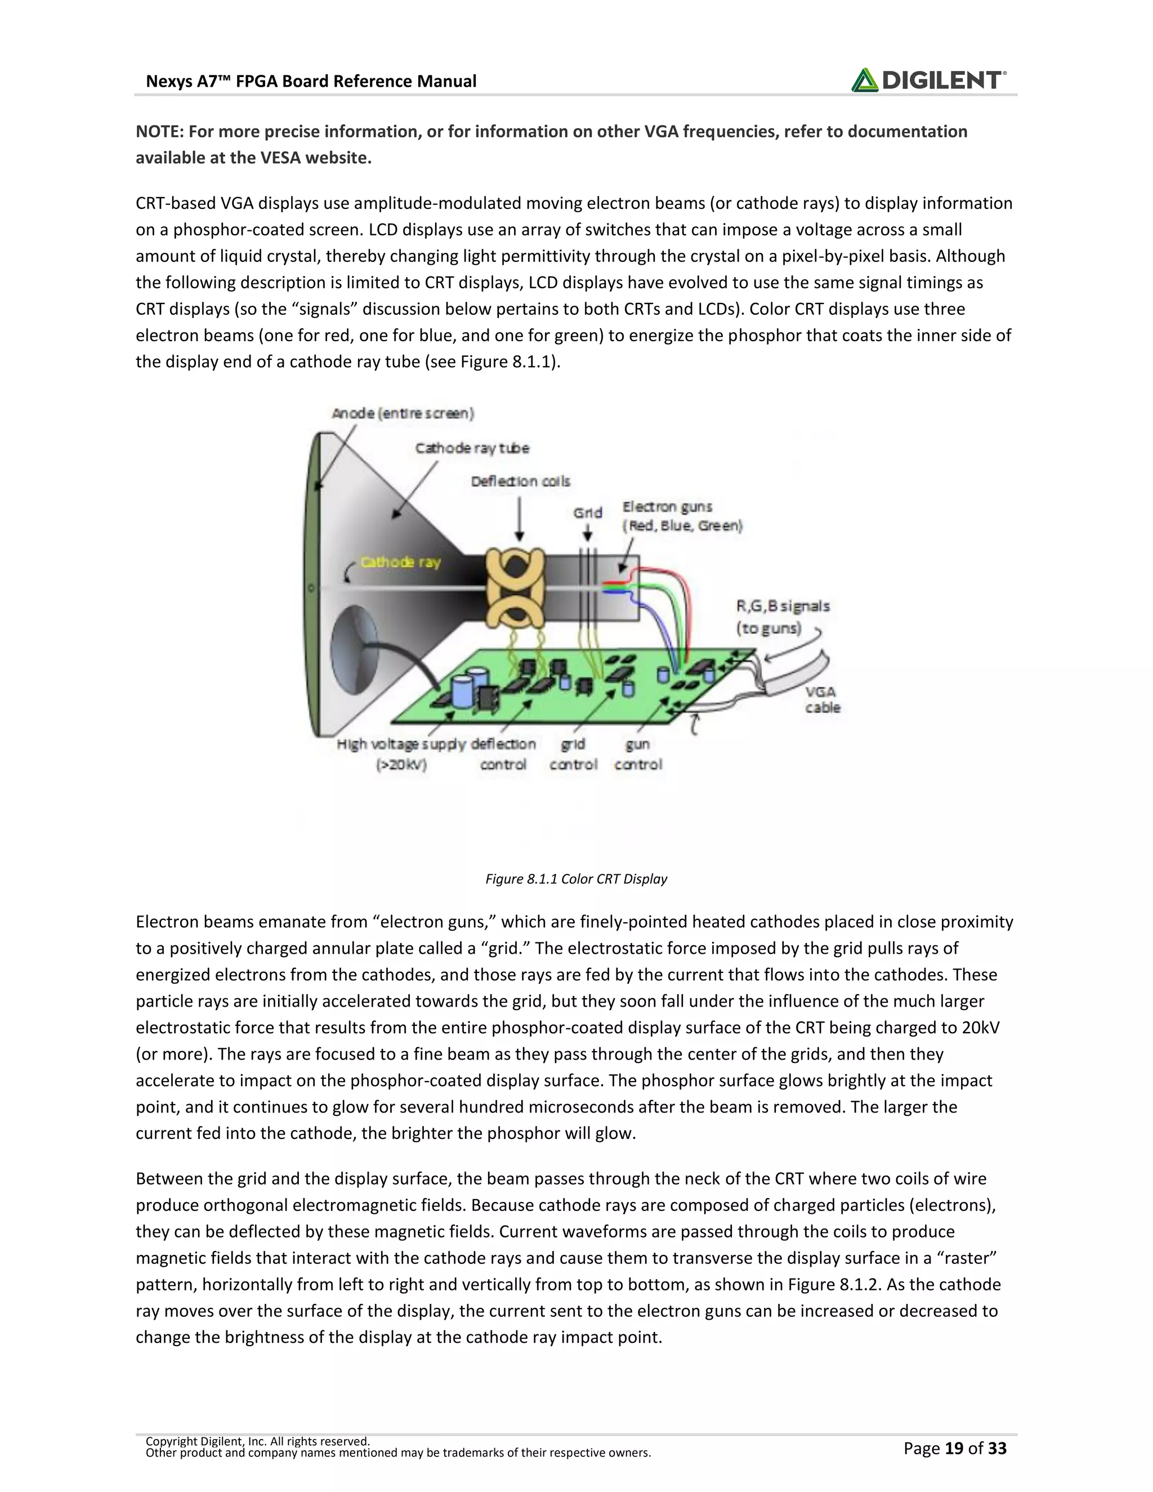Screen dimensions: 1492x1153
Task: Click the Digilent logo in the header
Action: point(928,80)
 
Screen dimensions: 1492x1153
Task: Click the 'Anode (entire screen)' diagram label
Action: point(403,413)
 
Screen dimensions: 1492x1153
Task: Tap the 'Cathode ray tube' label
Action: point(472,448)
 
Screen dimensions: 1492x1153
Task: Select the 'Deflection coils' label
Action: point(520,481)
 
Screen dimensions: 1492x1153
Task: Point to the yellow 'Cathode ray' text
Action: point(400,562)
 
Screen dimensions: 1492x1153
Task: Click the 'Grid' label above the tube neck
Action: point(587,512)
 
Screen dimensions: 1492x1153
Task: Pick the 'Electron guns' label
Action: point(667,507)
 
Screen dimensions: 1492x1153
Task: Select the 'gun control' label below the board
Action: point(638,754)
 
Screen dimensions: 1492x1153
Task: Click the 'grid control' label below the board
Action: point(573,754)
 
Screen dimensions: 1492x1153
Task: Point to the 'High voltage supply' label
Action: point(401,745)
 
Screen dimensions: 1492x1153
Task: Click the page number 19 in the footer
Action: point(954,1448)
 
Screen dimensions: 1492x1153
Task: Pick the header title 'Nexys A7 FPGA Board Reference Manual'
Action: point(311,81)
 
